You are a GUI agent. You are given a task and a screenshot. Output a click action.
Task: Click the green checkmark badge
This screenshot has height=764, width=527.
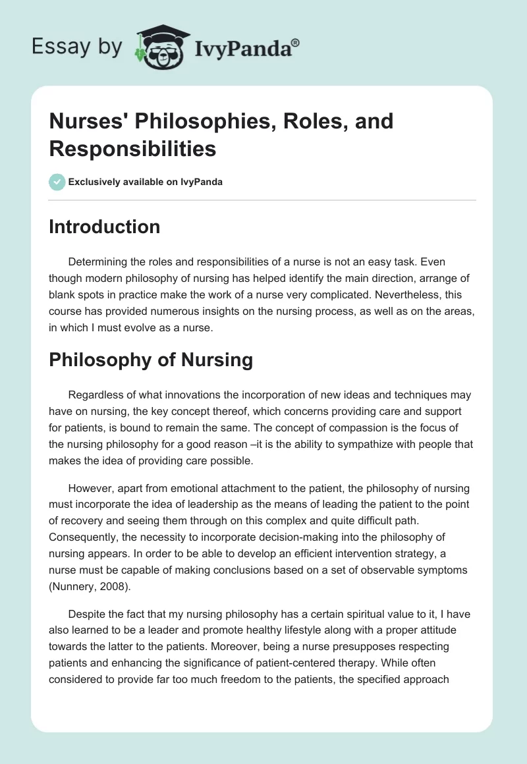click(57, 182)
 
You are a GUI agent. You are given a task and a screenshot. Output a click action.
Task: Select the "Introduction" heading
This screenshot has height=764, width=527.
click(104, 227)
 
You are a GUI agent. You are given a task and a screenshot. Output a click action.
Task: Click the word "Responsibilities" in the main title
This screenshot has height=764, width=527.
click(132, 149)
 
